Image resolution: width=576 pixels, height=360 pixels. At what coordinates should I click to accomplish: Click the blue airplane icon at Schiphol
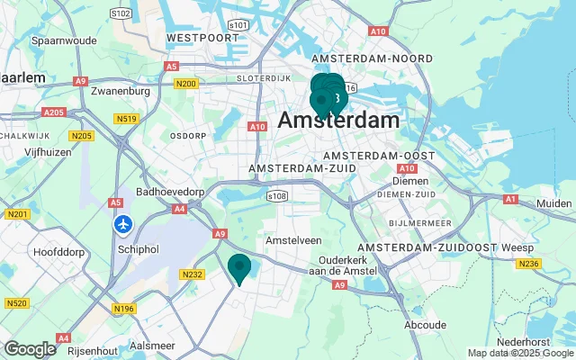[x=123, y=223]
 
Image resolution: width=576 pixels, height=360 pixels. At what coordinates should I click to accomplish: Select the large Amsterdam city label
[x=338, y=121]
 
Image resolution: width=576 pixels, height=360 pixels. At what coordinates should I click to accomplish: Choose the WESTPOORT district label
[x=194, y=38]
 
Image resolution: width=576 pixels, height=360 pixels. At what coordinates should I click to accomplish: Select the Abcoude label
[x=425, y=325]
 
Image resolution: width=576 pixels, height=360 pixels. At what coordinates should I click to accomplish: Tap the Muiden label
[x=553, y=204]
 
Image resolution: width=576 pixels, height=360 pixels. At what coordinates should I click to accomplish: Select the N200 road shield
[x=186, y=84]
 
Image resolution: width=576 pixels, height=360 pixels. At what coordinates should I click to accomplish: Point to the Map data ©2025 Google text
[x=520, y=353]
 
